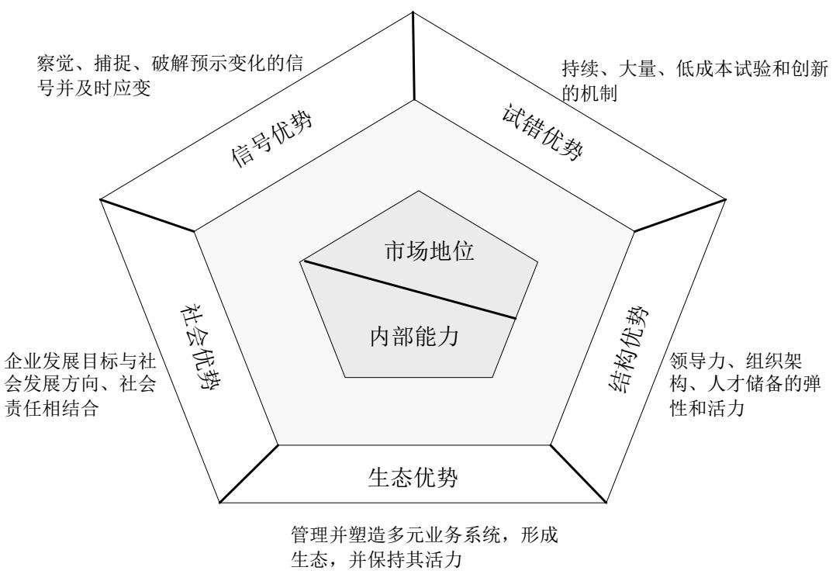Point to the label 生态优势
412,477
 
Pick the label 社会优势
193,351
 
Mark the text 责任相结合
52,409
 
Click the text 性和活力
706,408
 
